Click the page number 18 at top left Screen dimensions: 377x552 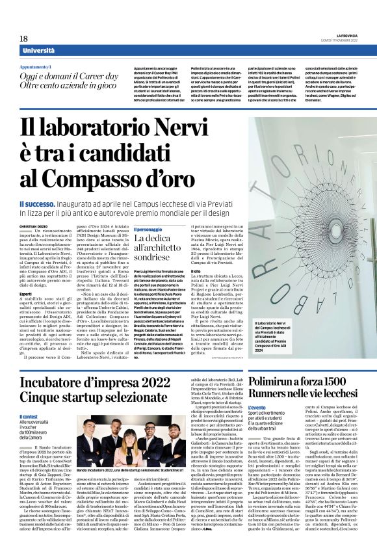click(x=24, y=39)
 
